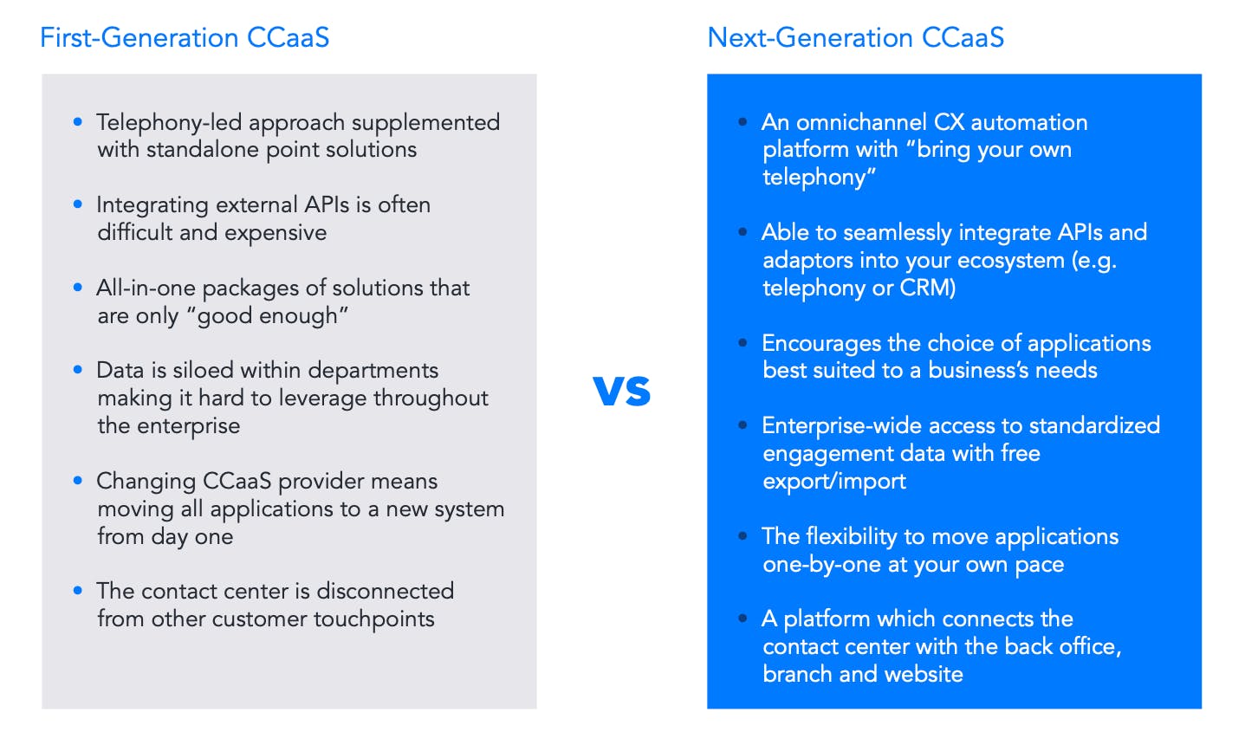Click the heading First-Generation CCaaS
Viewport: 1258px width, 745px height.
(x=185, y=38)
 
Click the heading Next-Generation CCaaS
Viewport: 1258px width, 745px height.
(x=855, y=38)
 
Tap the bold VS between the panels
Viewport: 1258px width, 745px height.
(x=622, y=391)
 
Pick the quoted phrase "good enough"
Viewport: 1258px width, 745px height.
(x=267, y=316)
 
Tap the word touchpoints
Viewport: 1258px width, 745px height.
(x=374, y=619)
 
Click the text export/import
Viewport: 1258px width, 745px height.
(x=834, y=482)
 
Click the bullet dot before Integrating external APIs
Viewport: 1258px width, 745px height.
(x=78, y=204)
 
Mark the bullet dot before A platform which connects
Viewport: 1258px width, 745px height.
(x=743, y=619)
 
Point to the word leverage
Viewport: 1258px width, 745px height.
(x=322, y=398)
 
